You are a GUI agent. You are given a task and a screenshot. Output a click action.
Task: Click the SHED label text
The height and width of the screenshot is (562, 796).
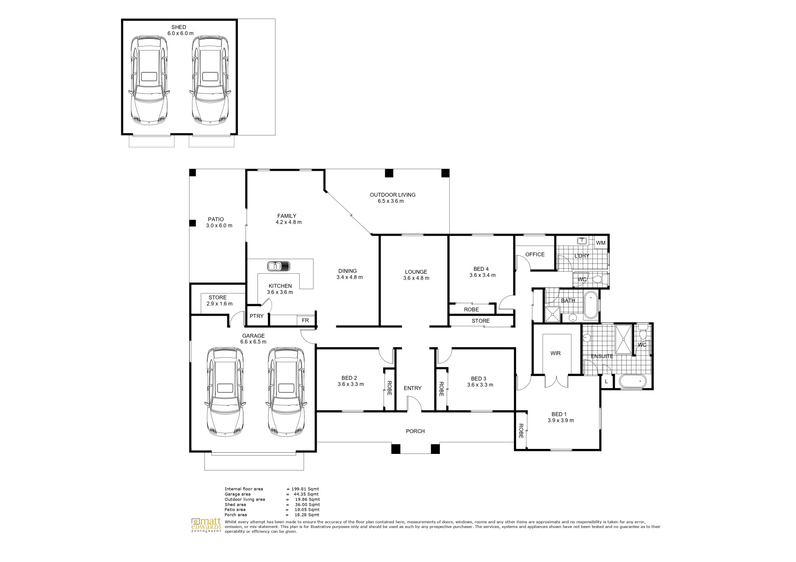click(x=179, y=27)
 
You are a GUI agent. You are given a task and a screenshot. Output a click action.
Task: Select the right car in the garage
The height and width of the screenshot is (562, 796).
click(x=286, y=391)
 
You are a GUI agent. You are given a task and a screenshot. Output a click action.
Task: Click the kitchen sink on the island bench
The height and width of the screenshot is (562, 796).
click(x=278, y=265)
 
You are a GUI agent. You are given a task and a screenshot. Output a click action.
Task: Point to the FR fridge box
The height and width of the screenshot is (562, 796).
click(x=305, y=321)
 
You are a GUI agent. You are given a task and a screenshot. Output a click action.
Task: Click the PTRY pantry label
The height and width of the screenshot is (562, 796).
click(x=257, y=316)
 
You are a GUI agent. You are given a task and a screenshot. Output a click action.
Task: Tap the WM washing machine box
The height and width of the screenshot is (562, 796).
click(x=600, y=243)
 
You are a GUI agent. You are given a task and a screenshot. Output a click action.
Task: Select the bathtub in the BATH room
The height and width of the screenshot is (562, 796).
click(x=590, y=305)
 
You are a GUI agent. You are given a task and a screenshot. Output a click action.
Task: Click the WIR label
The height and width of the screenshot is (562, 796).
click(x=556, y=353)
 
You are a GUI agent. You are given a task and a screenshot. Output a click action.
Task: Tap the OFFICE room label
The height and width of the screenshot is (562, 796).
click(x=535, y=254)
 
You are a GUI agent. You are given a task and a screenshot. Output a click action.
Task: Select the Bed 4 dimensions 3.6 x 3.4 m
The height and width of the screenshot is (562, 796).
click(x=482, y=275)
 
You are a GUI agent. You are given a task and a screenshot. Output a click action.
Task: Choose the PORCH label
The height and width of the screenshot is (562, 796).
click(x=415, y=431)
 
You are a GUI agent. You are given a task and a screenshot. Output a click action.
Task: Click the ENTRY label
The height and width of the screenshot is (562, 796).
click(x=413, y=388)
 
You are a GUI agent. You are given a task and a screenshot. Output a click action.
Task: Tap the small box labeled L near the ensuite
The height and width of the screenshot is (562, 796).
click(x=606, y=381)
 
